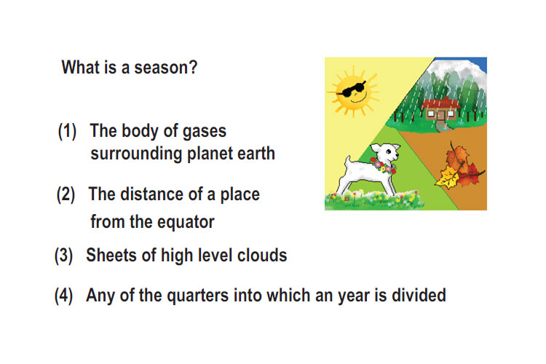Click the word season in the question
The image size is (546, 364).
pos(166,68)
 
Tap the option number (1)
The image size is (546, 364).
pos(67,131)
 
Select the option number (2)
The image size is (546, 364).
pos(66,194)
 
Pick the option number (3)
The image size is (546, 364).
pos(64,256)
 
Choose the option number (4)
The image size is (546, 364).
pos(64,296)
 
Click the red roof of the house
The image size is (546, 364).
pos(441,103)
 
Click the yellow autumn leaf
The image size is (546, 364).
pos(448,178)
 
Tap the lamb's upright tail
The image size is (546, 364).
pos(347,164)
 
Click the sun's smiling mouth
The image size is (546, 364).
pos(359,98)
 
